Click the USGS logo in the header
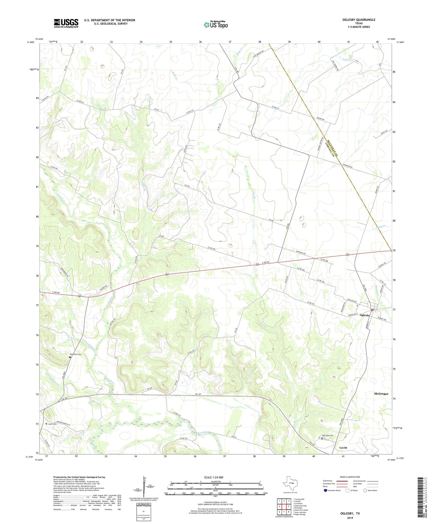[x=66, y=23]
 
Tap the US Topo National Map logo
[x=216, y=25]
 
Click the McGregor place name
[x=381, y=394]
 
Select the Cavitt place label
[x=343, y=447]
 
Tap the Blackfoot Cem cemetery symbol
[x=70, y=357]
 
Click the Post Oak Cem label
[x=328, y=435]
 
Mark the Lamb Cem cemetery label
[x=53, y=424]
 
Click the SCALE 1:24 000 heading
[x=214, y=477]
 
